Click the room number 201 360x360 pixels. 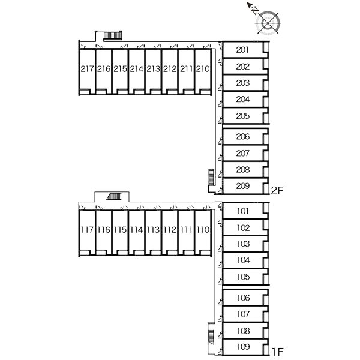(242, 50)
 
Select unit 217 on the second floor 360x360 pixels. (87, 68)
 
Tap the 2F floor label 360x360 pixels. (277, 191)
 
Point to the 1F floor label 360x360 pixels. (278, 352)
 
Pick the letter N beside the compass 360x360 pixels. (255, 11)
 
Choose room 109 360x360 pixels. (244, 346)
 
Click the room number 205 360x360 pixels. (242, 116)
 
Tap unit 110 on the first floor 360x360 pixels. (203, 230)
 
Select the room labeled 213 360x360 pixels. (154, 68)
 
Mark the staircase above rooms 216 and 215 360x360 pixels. (113, 35)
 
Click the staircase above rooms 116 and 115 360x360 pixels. (115, 196)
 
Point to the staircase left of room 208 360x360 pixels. (211, 177)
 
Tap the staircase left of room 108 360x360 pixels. (211, 337)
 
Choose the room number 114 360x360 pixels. (137, 230)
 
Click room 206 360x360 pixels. (242, 137)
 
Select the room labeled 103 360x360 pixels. (244, 244)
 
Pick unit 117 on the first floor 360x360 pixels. (87, 230)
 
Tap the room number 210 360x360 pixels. (203, 68)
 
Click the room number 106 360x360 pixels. (244, 298)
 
